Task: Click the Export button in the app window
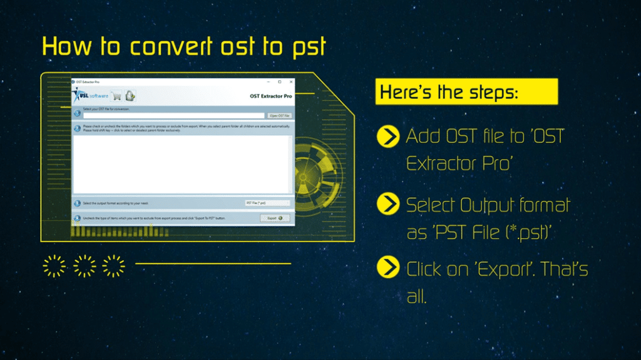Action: tap(274, 218)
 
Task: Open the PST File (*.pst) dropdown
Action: tap(267, 203)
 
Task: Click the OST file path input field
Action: tap(174, 115)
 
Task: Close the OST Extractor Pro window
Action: tap(289, 82)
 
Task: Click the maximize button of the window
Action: tap(279, 82)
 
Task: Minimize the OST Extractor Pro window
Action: tap(269, 82)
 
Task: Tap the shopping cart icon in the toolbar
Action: tap(116, 96)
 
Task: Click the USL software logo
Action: tap(91, 96)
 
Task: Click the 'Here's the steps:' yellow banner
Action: tap(466, 92)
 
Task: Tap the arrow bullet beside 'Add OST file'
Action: tap(389, 136)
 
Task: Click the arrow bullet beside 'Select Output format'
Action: tap(389, 204)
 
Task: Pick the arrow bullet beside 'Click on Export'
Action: tap(389, 268)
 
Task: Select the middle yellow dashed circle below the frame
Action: tap(85, 265)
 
